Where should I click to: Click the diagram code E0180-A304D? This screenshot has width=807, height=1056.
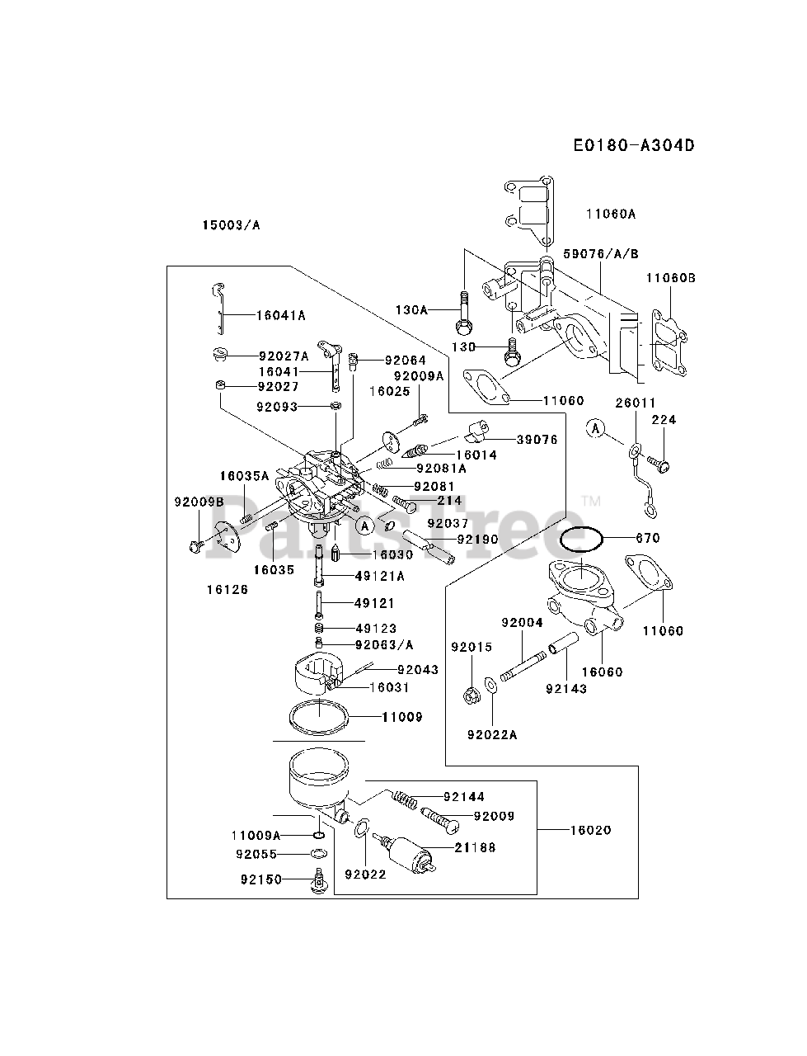pos(634,146)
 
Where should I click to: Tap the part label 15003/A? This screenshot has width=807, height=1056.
pos(231,224)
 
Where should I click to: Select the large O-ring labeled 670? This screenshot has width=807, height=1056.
pos(582,540)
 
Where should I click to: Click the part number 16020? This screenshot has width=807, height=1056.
pos(590,830)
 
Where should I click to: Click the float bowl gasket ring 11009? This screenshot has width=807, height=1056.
pos(320,714)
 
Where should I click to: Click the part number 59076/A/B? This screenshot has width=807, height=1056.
pos(602,253)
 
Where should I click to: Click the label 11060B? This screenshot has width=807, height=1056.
pos(670,278)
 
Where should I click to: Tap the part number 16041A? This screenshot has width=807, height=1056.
pos(281,314)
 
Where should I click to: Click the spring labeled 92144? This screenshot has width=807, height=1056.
pos(401,799)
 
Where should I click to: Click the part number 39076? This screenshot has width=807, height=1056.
pos(537,440)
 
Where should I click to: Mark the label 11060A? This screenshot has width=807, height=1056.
pos(611,214)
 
